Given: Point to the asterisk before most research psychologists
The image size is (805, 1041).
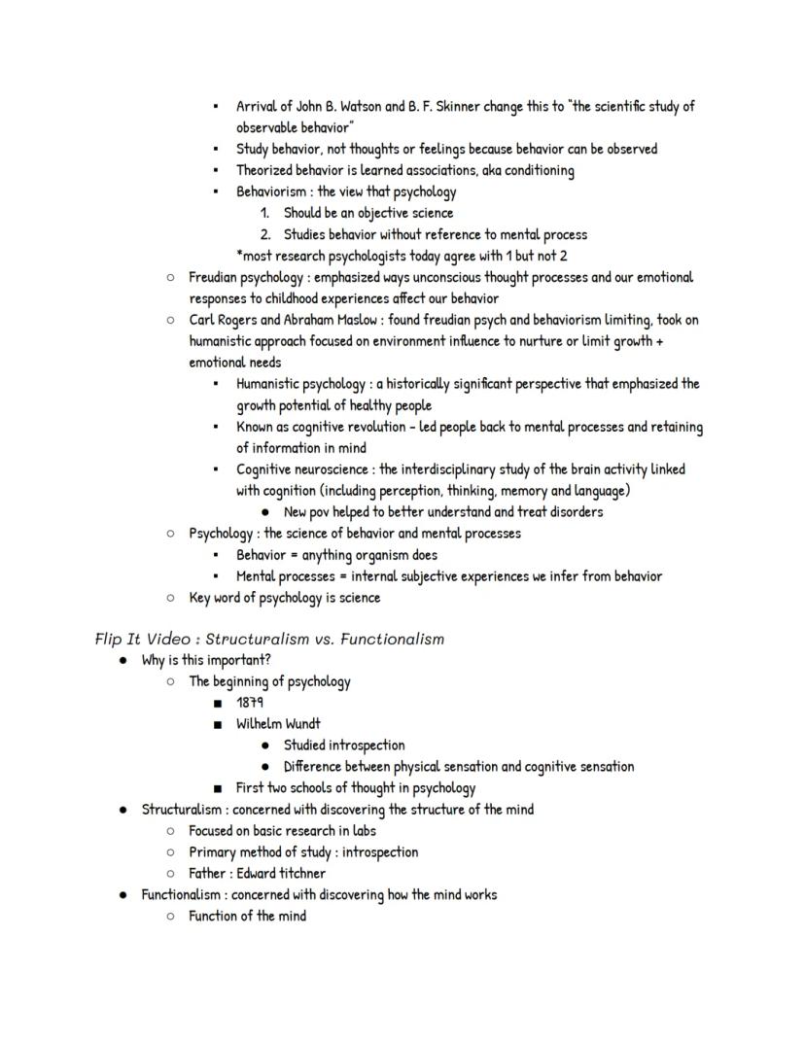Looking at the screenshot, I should coord(239,255).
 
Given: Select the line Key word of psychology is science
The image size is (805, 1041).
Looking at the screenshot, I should coord(284,598).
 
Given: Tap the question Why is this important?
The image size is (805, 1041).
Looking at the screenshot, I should coord(206,661).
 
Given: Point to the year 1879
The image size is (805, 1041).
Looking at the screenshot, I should coord(251,703).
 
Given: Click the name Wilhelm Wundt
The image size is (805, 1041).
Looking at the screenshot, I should coord(278,724).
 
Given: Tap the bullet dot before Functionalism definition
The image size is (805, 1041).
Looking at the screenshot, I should coord(122,895).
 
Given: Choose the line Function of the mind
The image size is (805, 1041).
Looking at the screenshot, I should coord(247,917).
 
